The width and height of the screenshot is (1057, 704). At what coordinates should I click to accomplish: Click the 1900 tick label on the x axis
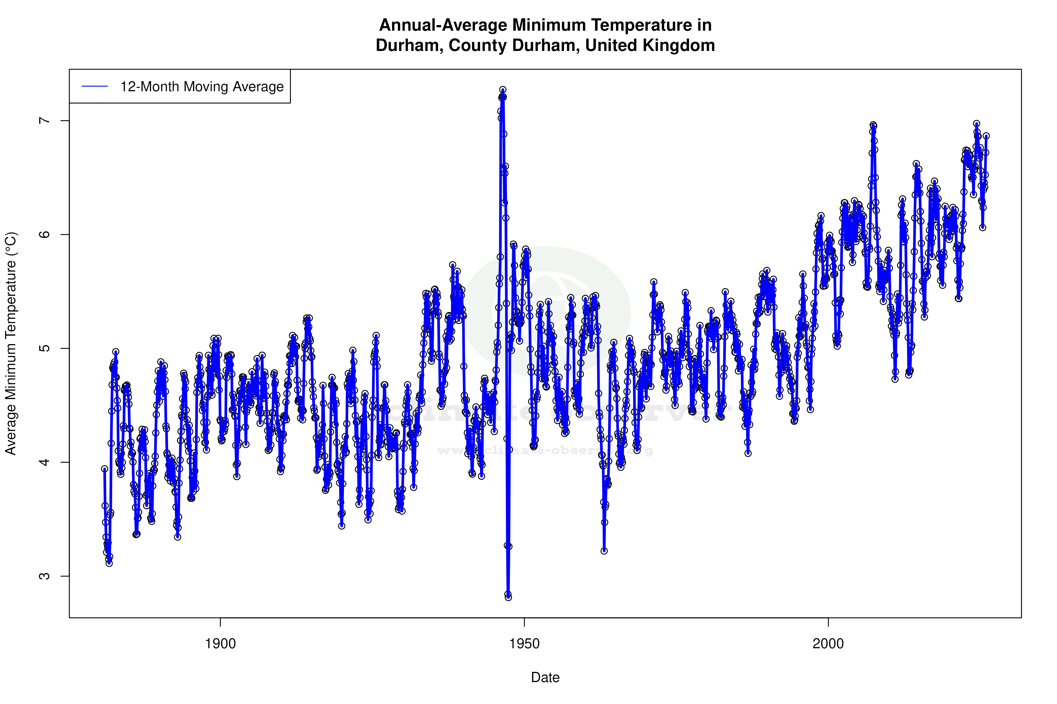(x=220, y=644)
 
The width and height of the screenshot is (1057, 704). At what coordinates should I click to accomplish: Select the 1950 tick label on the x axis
(x=524, y=644)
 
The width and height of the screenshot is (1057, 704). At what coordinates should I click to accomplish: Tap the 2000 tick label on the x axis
(x=828, y=644)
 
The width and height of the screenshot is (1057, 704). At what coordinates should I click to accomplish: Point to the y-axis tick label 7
(x=44, y=121)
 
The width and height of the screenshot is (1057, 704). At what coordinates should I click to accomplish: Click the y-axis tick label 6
(x=44, y=234)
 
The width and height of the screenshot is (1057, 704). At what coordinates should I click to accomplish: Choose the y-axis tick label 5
(x=44, y=348)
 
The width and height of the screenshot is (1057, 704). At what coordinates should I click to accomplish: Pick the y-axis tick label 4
(x=44, y=462)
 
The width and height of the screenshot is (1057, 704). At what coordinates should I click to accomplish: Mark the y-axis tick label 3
(x=44, y=576)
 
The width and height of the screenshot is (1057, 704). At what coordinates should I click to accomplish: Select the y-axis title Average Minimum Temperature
(x=11, y=344)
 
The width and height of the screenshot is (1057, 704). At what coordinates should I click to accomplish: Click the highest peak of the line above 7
(x=503, y=90)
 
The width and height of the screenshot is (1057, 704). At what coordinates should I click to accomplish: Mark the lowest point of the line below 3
(x=508, y=597)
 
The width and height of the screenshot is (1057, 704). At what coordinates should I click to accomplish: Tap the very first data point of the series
(x=105, y=469)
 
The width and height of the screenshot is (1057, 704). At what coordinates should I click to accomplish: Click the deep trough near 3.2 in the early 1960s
(x=604, y=551)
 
